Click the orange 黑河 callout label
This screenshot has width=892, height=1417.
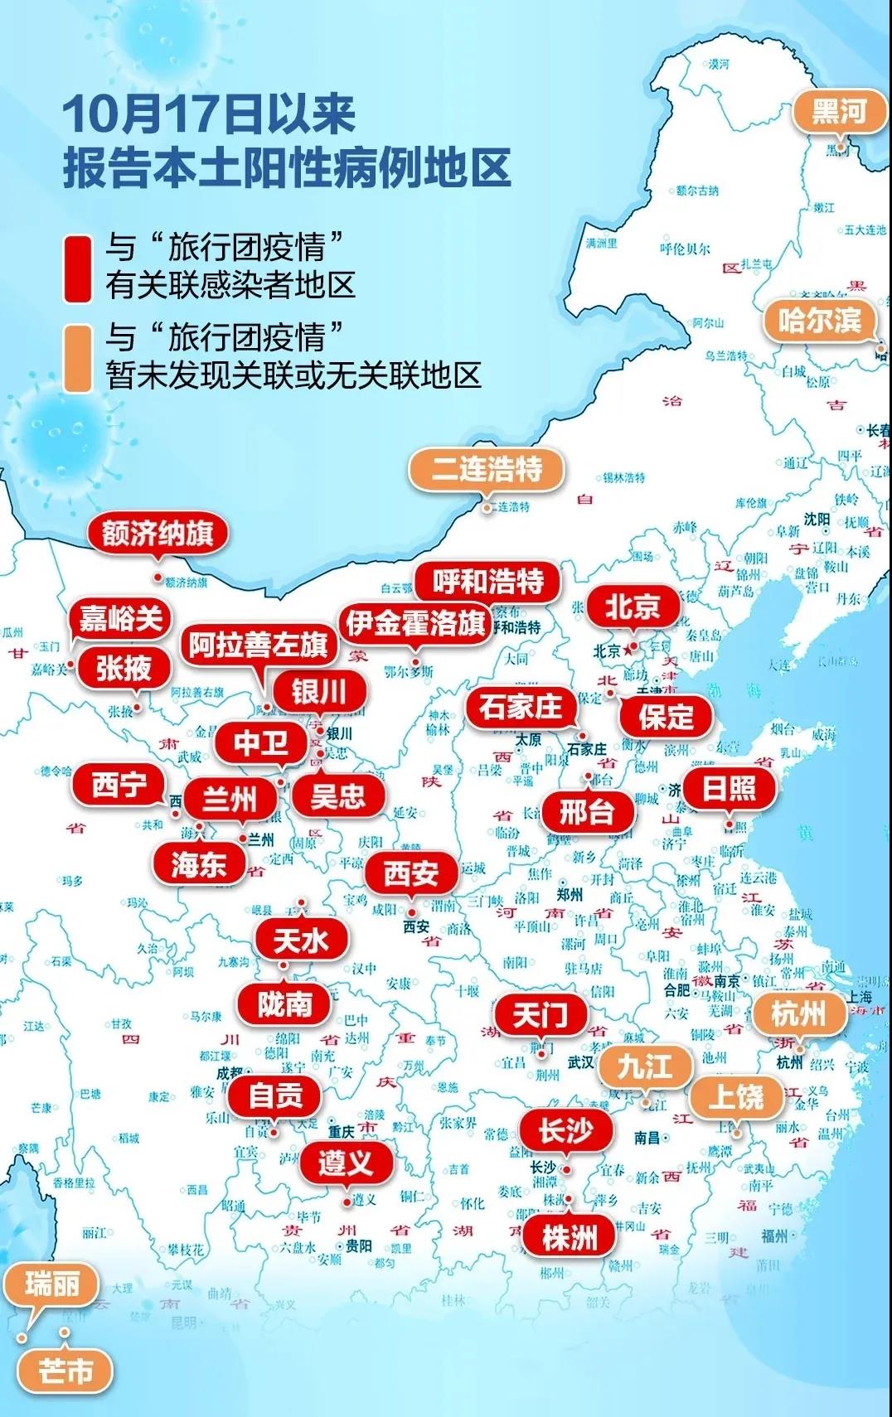[x=839, y=112]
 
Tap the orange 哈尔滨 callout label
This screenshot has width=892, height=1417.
[x=819, y=321]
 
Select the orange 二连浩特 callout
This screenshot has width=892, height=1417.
[x=487, y=470]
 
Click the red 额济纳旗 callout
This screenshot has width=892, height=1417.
[x=158, y=534]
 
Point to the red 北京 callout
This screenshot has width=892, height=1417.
[x=632, y=607]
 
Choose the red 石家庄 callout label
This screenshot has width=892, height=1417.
[x=520, y=708]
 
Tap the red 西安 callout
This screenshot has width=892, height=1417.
[x=411, y=873]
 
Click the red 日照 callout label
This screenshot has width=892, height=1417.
[x=729, y=788]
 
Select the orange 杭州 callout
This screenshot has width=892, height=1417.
[x=798, y=1013]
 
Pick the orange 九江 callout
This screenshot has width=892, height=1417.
[x=644, y=1066]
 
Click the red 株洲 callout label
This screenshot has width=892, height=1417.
[x=569, y=1238]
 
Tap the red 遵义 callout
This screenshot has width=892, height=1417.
[x=346, y=1163]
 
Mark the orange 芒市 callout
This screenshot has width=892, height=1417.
[x=65, y=1371]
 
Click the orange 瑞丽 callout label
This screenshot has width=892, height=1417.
[x=51, y=1285]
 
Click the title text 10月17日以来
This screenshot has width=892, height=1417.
[x=209, y=114]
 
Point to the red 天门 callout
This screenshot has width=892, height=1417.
[x=540, y=1014]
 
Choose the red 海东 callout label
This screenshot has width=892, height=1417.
[x=198, y=865]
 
